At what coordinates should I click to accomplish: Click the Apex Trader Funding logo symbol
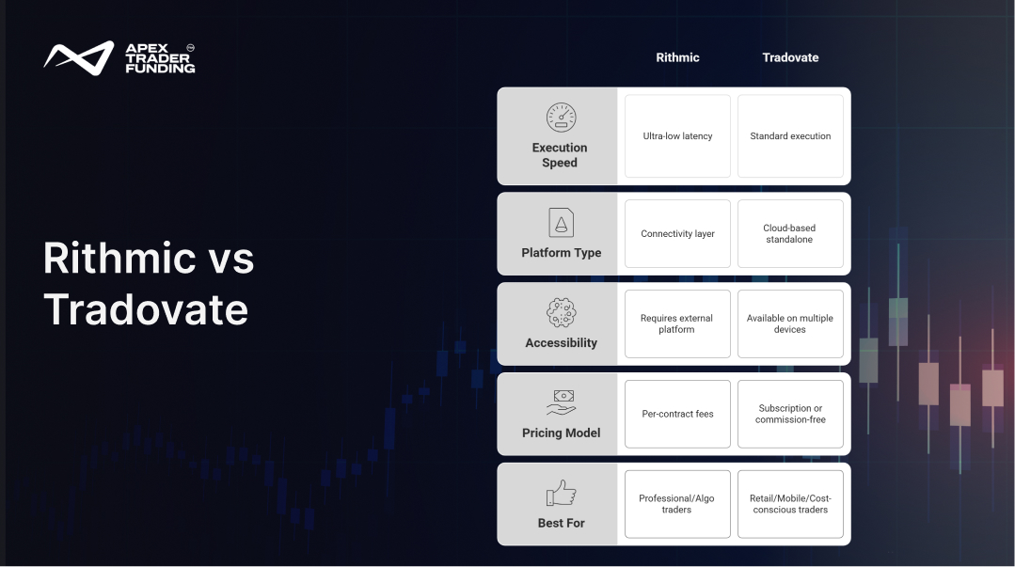[x=78, y=57]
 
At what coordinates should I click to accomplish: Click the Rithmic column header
[x=677, y=57]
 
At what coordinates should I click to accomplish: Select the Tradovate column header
[x=790, y=57]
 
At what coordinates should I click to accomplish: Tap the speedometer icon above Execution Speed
[x=561, y=118]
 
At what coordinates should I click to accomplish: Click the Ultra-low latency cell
[x=677, y=136]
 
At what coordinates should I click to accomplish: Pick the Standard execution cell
[x=790, y=136]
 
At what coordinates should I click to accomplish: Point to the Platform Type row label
[x=562, y=252]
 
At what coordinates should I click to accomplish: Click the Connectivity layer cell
[x=677, y=233]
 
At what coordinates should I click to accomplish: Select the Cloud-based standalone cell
[x=790, y=233]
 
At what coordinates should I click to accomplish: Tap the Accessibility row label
[x=562, y=342]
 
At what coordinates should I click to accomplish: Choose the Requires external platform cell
[x=677, y=323]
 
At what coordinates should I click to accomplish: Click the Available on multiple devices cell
[x=790, y=323]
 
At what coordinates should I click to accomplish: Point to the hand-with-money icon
[x=562, y=402]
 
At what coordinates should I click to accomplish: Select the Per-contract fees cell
[x=677, y=414]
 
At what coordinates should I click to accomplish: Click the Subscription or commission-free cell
[x=790, y=414]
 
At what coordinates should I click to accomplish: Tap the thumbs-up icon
[x=562, y=493]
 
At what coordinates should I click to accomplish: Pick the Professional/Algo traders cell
[x=677, y=504]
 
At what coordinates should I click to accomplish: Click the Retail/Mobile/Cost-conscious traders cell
[x=790, y=504]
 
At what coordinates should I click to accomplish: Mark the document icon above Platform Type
[x=562, y=223]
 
